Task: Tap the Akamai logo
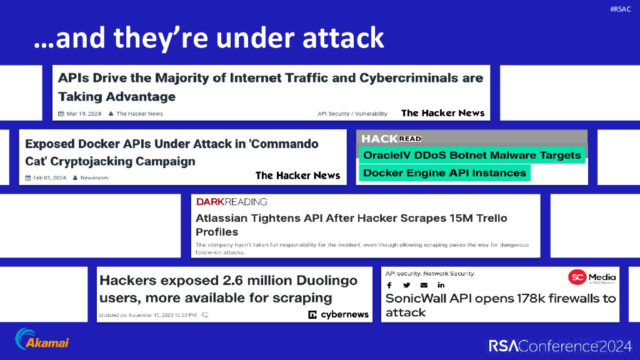(x=42, y=339)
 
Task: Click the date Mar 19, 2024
(x=79, y=114)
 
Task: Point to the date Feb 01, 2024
(x=46, y=177)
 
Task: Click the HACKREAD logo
(x=391, y=139)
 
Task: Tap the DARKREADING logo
(x=231, y=202)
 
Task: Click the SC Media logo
(x=592, y=277)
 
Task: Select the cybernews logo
(x=339, y=314)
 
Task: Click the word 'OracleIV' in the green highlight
(x=388, y=155)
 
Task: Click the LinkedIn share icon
(x=441, y=286)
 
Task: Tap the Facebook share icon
(x=389, y=286)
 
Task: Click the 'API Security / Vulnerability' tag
(x=352, y=114)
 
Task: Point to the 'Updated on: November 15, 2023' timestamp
(x=147, y=314)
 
